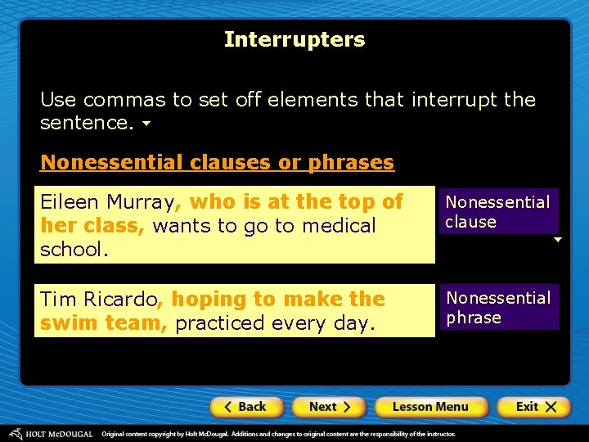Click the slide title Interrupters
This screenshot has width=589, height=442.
(x=294, y=39)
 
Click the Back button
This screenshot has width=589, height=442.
(x=246, y=407)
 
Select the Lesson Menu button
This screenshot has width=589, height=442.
(x=430, y=407)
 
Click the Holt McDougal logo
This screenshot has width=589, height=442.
(x=51, y=434)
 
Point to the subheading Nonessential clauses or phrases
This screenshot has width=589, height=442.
(x=217, y=162)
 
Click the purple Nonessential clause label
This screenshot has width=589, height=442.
(x=498, y=212)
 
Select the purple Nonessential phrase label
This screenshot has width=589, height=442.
(x=498, y=308)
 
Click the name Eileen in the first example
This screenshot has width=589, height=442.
(x=69, y=201)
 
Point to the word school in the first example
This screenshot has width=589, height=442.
(x=72, y=250)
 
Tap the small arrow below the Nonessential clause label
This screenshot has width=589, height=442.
(x=557, y=240)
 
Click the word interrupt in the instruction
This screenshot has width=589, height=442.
(x=454, y=100)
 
